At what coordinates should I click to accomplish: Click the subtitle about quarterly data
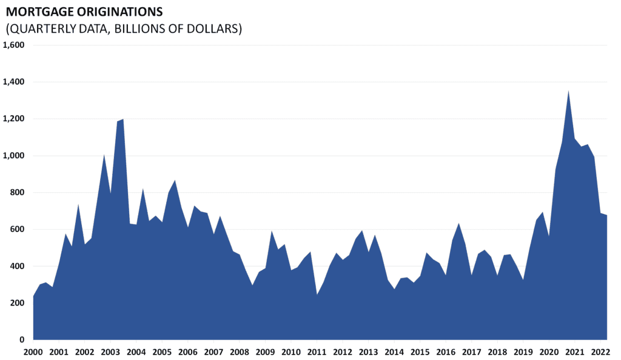pos(123,28)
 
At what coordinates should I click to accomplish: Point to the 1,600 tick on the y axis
pos(13,45)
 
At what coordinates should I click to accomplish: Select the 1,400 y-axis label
pos(13,82)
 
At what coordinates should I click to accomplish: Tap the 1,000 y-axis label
pos(13,156)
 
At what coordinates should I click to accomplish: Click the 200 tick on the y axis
pos(16,303)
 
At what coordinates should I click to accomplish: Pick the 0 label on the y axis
pos(21,340)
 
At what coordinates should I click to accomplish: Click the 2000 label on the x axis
pos(33,352)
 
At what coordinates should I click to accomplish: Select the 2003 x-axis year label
pos(110,352)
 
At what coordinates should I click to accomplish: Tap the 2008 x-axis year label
pos(239,352)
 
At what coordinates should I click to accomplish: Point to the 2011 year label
pos(316,352)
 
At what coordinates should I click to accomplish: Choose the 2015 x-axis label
pos(419,352)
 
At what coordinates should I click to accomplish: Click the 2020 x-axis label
pos(548,352)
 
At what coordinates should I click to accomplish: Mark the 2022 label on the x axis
pos(600,352)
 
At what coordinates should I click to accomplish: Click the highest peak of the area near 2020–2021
pos(568,91)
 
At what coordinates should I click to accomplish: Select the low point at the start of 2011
pos(317,295)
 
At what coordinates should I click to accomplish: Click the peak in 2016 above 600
pos(459,224)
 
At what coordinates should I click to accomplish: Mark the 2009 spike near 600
pos(272,231)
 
